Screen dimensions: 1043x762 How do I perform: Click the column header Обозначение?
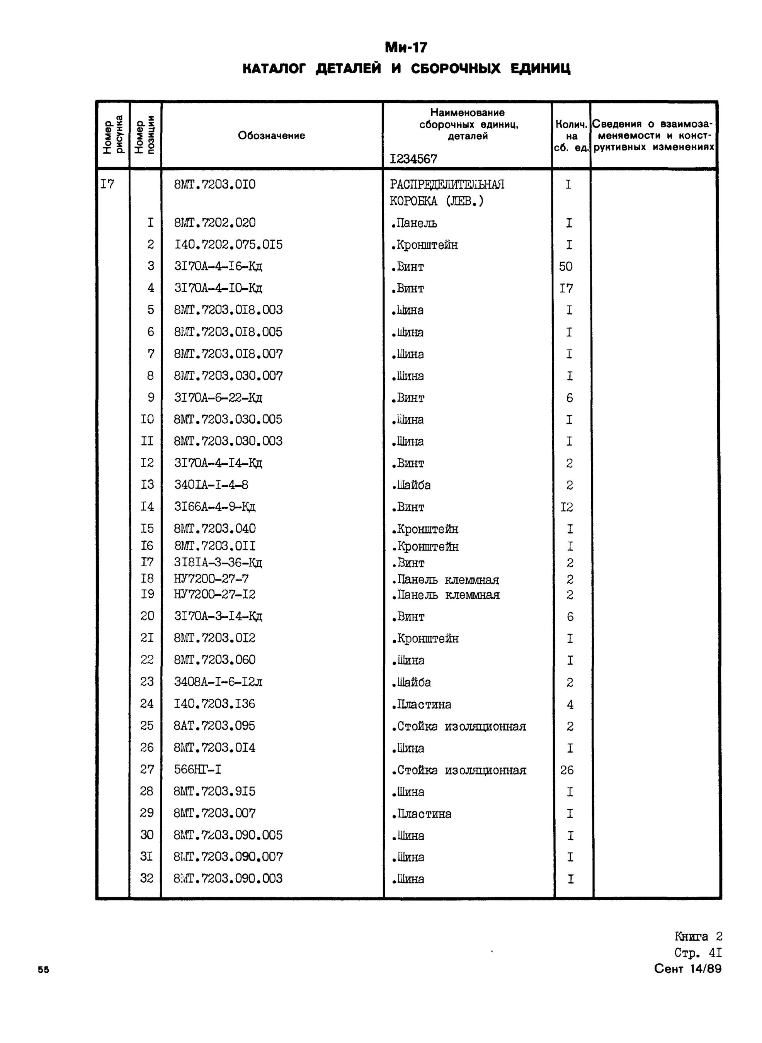(x=271, y=135)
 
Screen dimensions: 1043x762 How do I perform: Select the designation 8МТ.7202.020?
(x=214, y=223)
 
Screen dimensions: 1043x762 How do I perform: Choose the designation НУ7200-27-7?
(x=211, y=579)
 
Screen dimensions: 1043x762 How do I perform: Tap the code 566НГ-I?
(x=197, y=769)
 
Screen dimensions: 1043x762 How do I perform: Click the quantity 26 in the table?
(x=566, y=770)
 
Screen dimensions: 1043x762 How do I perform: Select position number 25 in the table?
(x=147, y=726)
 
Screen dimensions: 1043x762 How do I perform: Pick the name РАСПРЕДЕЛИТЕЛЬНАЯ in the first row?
(x=447, y=184)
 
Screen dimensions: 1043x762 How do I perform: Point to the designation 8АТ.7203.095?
(x=214, y=726)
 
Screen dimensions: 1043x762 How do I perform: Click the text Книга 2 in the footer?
(x=698, y=936)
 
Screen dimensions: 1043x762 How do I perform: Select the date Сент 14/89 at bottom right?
(x=687, y=969)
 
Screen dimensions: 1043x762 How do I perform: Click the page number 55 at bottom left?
(x=43, y=970)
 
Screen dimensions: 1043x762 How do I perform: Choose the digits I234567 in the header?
(x=413, y=159)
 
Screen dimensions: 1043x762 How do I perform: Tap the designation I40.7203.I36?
(x=214, y=703)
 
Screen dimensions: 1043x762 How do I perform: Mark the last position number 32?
(x=147, y=878)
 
